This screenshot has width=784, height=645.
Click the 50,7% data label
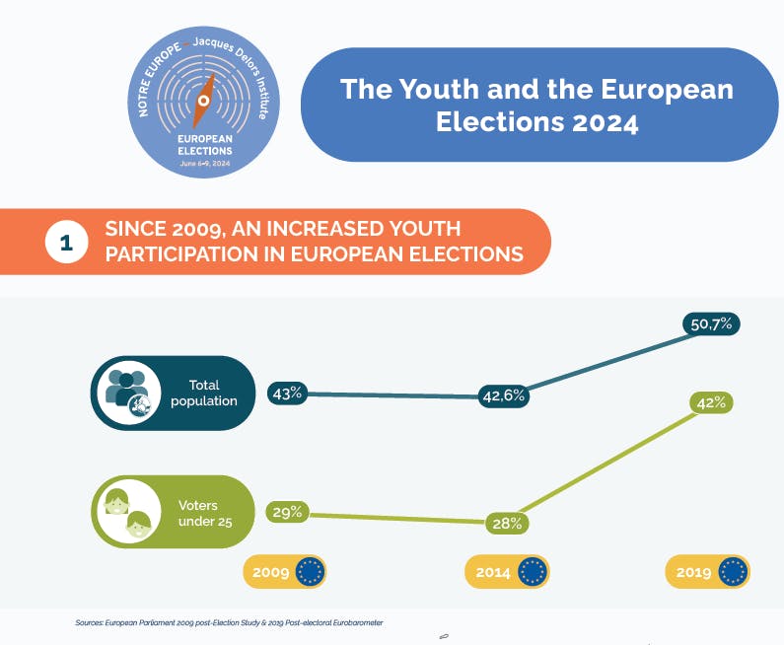(710, 323)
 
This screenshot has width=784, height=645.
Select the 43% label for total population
(286, 393)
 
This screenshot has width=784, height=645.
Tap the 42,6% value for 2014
(503, 395)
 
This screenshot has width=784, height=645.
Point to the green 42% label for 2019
(711, 402)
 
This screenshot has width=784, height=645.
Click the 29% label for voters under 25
(286, 512)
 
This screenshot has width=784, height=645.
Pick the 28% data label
(507, 524)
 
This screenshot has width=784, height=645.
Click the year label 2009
(271, 572)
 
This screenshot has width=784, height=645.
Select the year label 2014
(493, 572)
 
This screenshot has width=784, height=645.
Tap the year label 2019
(694, 572)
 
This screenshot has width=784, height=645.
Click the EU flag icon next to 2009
(310, 572)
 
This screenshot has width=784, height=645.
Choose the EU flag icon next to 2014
(533, 572)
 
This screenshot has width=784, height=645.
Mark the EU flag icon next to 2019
(734, 572)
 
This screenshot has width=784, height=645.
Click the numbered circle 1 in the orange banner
(67, 242)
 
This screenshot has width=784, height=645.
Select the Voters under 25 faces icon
(126, 512)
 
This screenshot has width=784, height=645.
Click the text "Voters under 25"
(205, 512)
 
